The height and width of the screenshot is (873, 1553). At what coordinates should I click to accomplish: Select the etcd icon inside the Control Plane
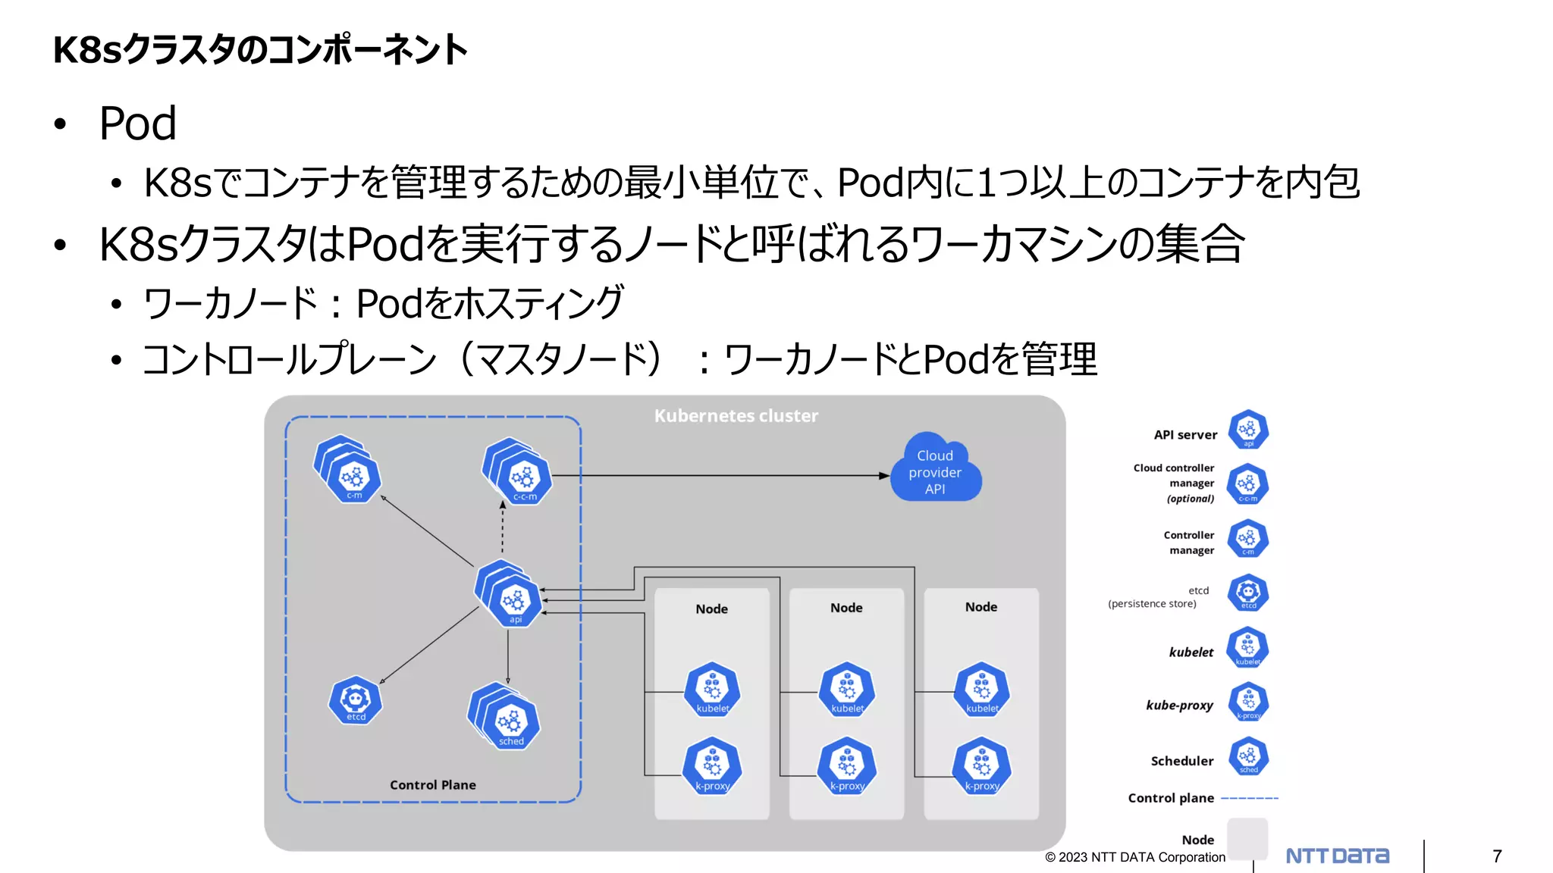tap(356, 700)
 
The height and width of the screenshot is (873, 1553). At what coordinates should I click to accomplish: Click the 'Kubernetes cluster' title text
tap(736, 416)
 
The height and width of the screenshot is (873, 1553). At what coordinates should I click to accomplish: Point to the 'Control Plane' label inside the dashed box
tap(433, 785)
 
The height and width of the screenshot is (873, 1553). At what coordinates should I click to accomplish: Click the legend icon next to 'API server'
tap(1248, 430)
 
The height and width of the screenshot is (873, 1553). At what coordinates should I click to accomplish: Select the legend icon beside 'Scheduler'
tap(1248, 757)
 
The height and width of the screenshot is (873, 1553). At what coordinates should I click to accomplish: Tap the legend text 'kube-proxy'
tap(1179, 706)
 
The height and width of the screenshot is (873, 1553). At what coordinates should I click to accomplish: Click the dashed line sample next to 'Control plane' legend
tap(1250, 799)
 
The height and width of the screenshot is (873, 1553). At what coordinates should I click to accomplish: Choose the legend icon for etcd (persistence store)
tap(1248, 593)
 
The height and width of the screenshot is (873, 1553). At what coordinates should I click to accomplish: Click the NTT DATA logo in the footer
tap(1338, 856)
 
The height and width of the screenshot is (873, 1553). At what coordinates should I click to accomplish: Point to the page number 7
tap(1497, 856)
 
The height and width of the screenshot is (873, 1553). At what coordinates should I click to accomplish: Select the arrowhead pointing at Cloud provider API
tap(884, 476)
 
